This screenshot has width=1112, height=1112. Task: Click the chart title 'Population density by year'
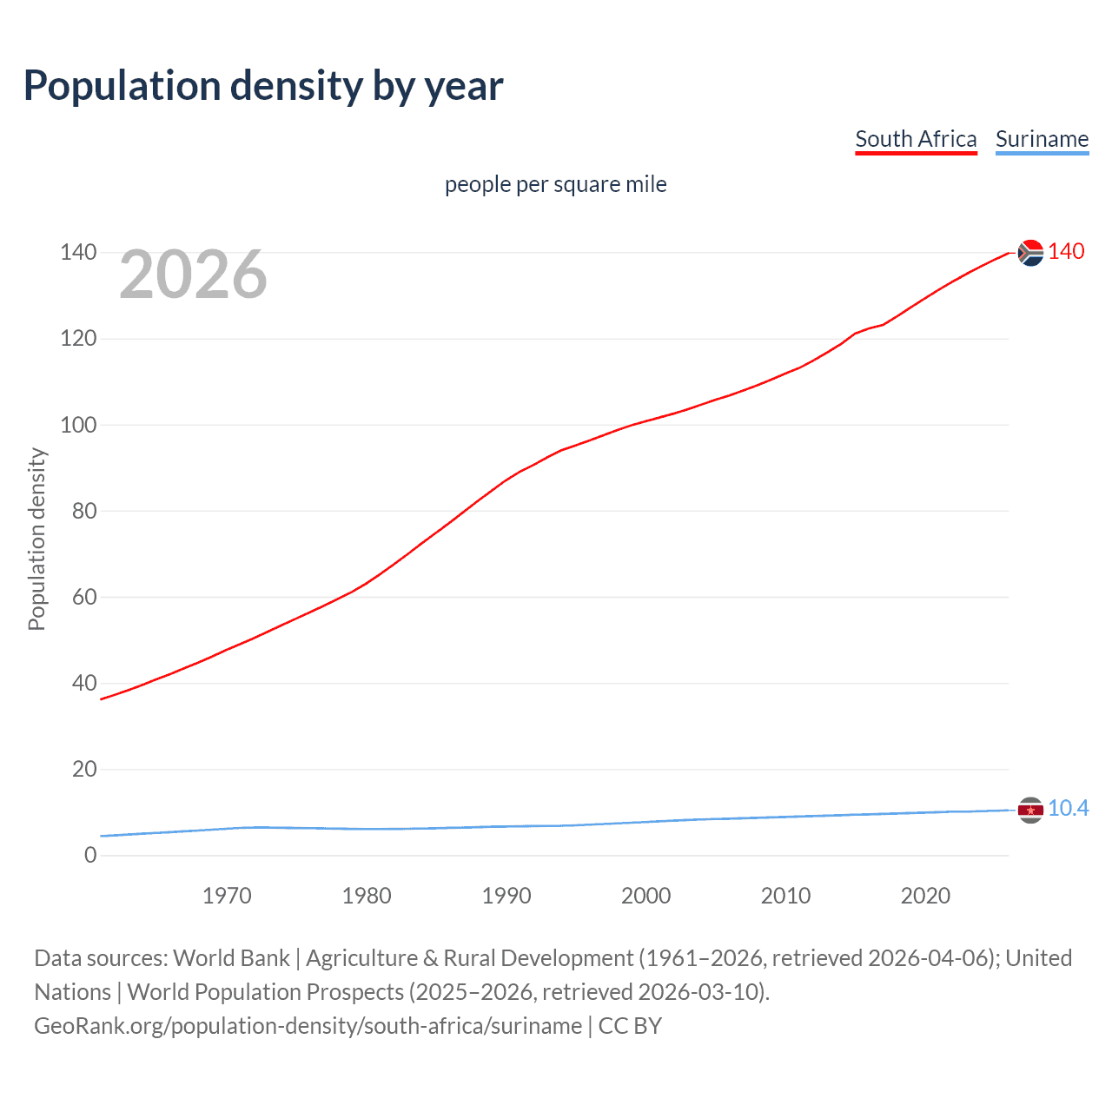[x=263, y=85]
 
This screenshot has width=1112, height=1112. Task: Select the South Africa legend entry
[x=916, y=139]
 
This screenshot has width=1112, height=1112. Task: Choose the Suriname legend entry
[x=1042, y=139]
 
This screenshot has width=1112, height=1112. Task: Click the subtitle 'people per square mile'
[x=555, y=184]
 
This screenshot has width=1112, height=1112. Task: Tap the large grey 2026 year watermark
[x=193, y=275]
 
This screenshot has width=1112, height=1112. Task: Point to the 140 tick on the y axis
[x=78, y=253]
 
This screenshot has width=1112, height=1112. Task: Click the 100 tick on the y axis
[x=78, y=425]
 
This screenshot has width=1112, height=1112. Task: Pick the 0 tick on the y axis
[x=90, y=855]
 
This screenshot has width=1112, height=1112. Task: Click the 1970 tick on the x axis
[x=227, y=896]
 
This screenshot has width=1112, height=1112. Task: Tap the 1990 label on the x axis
[x=506, y=896]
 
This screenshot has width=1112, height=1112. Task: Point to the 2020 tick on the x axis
[x=925, y=896]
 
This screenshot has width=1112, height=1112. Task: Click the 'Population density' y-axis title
[x=36, y=539]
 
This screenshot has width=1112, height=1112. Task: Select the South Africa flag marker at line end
[x=1030, y=253]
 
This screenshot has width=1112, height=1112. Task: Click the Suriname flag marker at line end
[x=1030, y=810]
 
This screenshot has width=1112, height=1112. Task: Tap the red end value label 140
[x=1066, y=251]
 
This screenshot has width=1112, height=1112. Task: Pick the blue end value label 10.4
[x=1068, y=808]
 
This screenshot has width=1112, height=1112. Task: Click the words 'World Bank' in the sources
[x=231, y=957]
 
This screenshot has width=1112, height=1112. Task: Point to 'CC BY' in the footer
[x=630, y=1025]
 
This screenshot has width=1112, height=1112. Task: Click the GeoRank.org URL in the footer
[x=308, y=1025]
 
